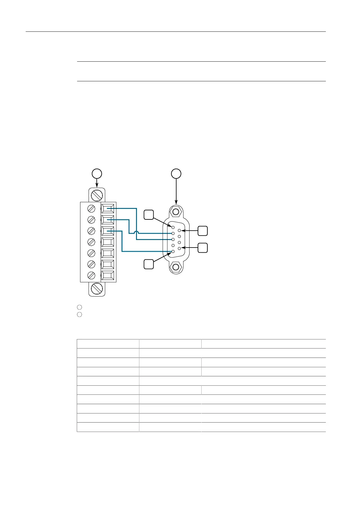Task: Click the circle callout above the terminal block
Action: click(97, 173)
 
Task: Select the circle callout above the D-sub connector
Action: click(176, 173)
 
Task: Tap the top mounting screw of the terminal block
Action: click(97, 195)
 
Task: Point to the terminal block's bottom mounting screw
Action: click(97, 289)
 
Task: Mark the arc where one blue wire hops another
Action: click(136, 233)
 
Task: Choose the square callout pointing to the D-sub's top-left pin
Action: click(148, 215)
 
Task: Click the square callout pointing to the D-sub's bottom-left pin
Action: click(148, 264)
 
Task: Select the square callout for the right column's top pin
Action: click(203, 231)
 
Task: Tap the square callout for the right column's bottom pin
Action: click(203, 248)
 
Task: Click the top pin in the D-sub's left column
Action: click(173, 227)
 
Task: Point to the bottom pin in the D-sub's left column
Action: click(173, 251)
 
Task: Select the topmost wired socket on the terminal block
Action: click(108, 208)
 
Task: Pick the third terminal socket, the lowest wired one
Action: click(108, 231)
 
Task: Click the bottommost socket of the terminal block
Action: click(108, 276)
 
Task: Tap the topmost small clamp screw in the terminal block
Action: click(91, 208)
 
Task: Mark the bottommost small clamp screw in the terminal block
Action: click(91, 275)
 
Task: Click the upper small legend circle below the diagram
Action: click(79, 307)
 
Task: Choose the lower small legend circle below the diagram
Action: click(79, 314)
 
